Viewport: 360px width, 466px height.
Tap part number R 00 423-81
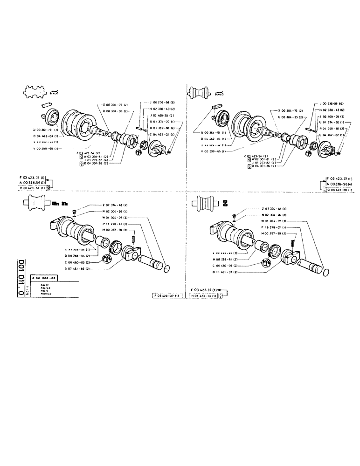(x=33, y=188)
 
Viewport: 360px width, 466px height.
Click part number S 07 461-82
(x=78, y=269)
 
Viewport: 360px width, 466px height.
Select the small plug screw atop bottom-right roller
(x=233, y=215)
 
